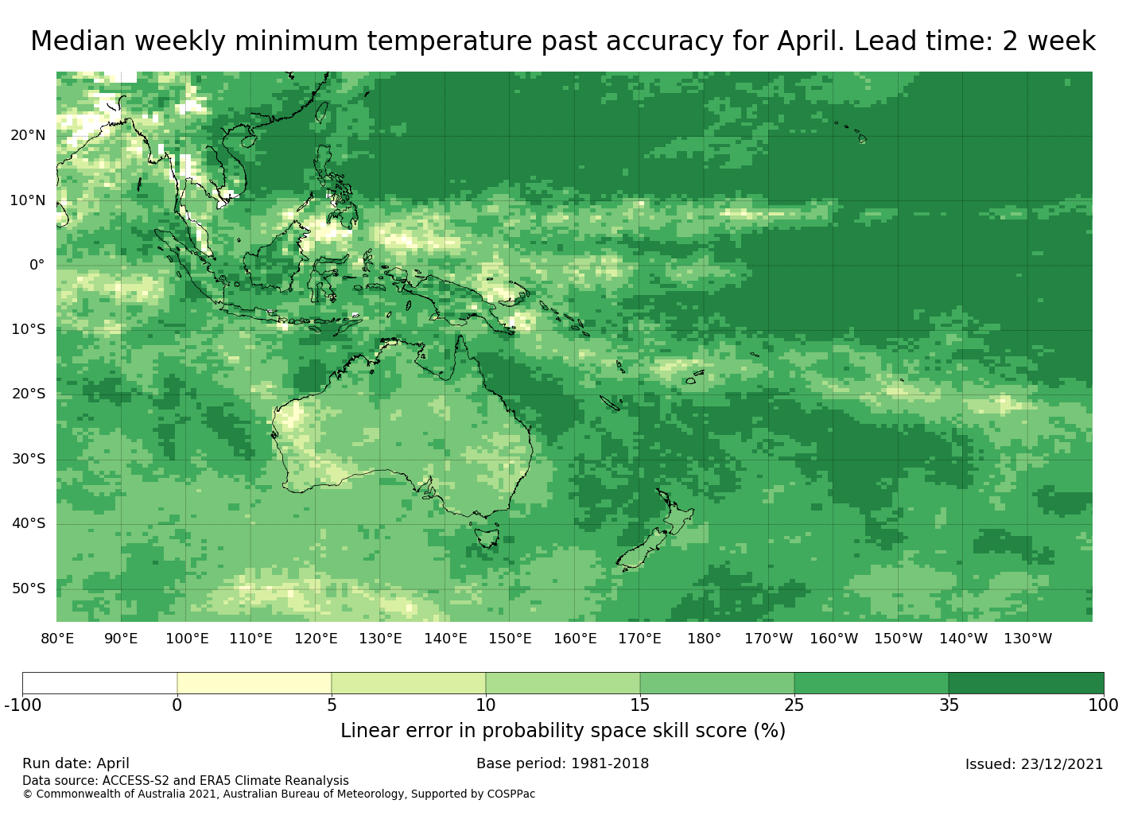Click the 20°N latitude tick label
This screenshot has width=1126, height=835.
[x=28, y=135]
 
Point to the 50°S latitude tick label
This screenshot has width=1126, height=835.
[x=29, y=588]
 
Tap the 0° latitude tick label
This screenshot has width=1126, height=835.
[x=37, y=265]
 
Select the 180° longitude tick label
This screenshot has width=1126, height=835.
[x=704, y=639]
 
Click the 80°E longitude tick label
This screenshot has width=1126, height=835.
[x=57, y=639]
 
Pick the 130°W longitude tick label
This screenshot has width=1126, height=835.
[x=1027, y=639]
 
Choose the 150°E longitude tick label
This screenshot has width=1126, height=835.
[x=510, y=639]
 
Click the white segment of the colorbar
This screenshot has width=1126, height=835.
[x=99, y=683]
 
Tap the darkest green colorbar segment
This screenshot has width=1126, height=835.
[x=1026, y=683]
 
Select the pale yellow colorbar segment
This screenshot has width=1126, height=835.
[x=254, y=683]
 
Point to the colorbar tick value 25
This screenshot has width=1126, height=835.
[x=794, y=705]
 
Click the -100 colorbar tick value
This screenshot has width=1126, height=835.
[x=22, y=705]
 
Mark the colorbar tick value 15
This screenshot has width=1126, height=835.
[x=639, y=705]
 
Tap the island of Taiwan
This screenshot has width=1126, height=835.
[x=321, y=113]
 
